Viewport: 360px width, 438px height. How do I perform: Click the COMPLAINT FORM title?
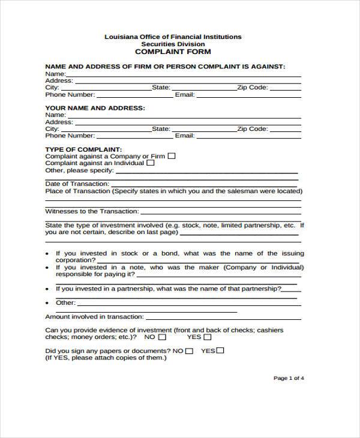(173, 52)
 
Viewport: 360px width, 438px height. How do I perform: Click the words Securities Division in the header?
(173, 44)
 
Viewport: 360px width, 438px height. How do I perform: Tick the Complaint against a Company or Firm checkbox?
(172, 156)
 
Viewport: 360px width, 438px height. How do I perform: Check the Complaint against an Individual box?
(151, 163)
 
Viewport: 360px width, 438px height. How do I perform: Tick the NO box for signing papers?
(189, 351)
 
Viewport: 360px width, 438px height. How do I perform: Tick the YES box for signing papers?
(220, 351)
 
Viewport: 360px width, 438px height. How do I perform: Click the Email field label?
(184, 95)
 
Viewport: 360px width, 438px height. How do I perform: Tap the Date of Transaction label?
(77, 184)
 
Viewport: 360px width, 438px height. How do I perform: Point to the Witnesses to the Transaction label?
(92, 211)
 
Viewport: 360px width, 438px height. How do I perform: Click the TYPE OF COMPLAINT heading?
(84, 149)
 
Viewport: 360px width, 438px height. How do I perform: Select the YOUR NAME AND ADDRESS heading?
(95, 108)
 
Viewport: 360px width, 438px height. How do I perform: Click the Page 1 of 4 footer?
(289, 378)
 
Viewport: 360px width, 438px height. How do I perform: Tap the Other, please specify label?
(78, 170)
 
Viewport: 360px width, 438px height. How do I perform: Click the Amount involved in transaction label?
(92, 316)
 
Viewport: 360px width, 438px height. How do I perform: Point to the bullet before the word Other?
(47, 303)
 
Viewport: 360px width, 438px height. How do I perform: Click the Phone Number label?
(70, 95)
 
